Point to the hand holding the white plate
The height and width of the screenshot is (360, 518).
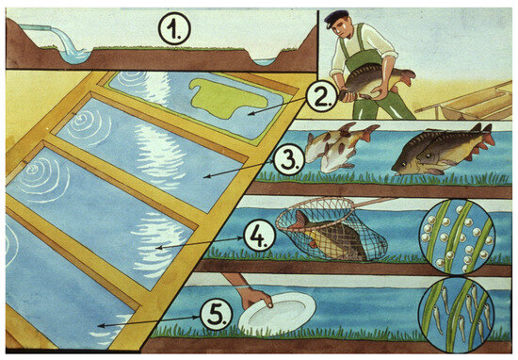[252, 297]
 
